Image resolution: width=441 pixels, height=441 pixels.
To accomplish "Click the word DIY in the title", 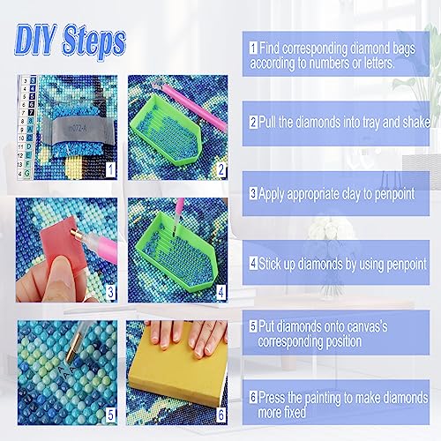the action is (x=35, y=41).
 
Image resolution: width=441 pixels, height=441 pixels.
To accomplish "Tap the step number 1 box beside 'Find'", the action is (x=253, y=48).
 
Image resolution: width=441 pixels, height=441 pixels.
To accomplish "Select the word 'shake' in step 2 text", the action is (x=416, y=122).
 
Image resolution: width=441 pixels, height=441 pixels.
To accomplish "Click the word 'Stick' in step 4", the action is (x=270, y=264).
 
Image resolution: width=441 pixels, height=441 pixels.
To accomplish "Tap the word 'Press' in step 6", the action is (x=273, y=397).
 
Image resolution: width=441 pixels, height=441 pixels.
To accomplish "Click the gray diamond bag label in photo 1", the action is (x=78, y=130).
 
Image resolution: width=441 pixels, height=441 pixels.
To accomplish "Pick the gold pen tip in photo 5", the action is (x=73, y=347).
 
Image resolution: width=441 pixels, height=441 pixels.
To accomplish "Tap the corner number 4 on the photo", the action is (x=221, y=292).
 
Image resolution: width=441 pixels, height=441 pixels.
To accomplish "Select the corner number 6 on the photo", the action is (x=221, y=415).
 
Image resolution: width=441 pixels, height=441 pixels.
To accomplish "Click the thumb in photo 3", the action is (x=64, y=276).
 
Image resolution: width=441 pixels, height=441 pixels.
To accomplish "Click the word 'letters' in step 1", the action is (x=378, y=63).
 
